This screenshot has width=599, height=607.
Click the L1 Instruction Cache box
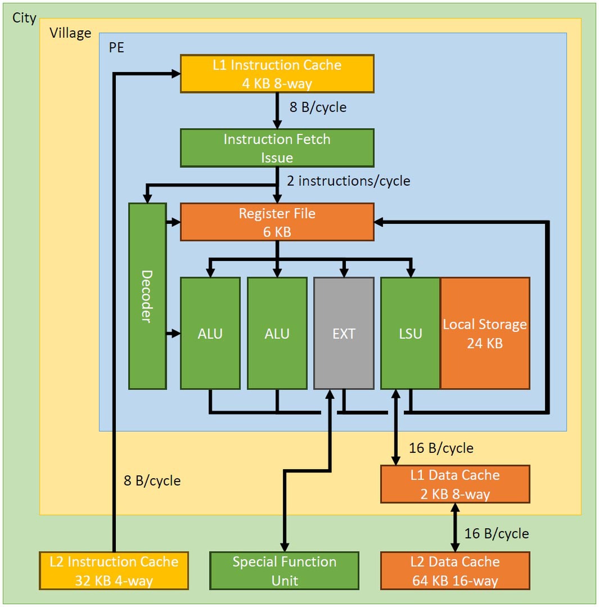click(277, 74)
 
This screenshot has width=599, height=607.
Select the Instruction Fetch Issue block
click(277, 148)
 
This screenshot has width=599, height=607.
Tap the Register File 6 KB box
click(277, 222)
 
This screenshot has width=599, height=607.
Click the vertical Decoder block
click(147, 296)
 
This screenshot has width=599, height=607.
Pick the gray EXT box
click(344, 333)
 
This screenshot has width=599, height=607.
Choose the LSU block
click(410, 333)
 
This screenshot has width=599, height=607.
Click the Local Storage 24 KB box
click(485, 333)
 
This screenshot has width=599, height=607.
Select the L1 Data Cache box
click(455, 484)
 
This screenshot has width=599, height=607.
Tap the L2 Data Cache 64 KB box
click(455, 570)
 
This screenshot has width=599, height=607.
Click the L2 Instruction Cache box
click(114, 570)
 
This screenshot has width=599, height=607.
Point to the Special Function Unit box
click(284, 570)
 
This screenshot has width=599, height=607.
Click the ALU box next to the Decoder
click(210, 333)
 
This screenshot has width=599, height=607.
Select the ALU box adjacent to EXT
click(277, 333)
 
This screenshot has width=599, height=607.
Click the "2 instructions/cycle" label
click(348, 181)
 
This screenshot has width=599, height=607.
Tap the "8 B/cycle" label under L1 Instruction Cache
click(318, 107)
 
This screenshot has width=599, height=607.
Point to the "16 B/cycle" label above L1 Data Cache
click(441, 448)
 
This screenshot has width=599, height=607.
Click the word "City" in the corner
click(24, 18)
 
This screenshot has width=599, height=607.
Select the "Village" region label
click(70, 33)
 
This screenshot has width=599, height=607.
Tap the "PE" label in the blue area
click(116, 47)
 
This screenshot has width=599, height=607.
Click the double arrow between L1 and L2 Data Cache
click(454, 527)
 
